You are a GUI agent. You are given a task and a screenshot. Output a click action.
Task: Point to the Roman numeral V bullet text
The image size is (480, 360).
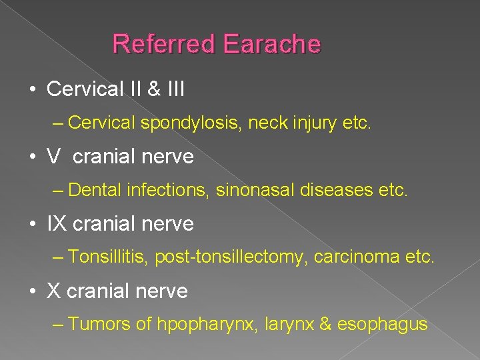53,157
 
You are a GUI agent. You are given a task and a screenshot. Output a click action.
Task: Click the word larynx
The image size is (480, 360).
291,325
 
